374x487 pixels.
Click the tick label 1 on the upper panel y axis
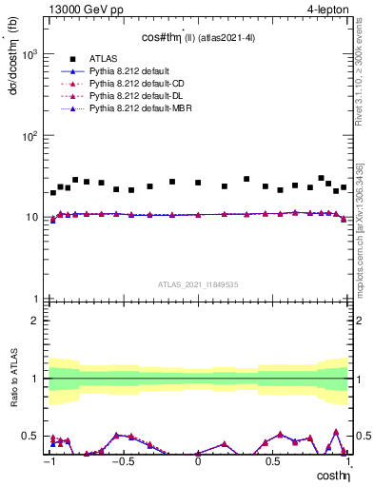(x=36, y=299)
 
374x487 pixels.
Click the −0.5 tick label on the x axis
(x=122, y=461)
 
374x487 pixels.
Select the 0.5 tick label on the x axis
(x=273, y=461)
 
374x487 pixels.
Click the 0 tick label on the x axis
(x=198, y=461)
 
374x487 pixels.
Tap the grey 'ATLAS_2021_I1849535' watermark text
(x=198, y=283)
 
